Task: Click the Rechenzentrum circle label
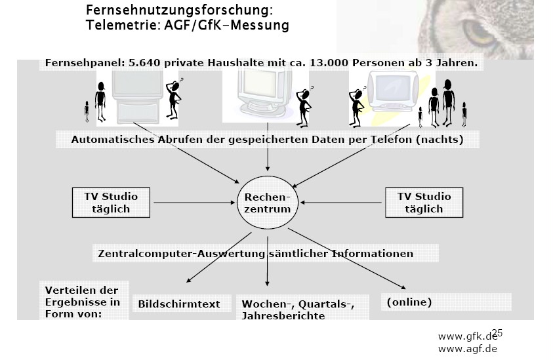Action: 267,203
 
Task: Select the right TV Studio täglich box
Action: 424,203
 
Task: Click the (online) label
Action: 409,302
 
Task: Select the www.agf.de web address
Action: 467,348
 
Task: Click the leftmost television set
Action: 136,95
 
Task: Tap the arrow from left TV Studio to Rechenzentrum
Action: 194,203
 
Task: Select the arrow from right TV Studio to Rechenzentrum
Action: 340,203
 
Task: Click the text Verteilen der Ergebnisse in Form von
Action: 82,302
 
